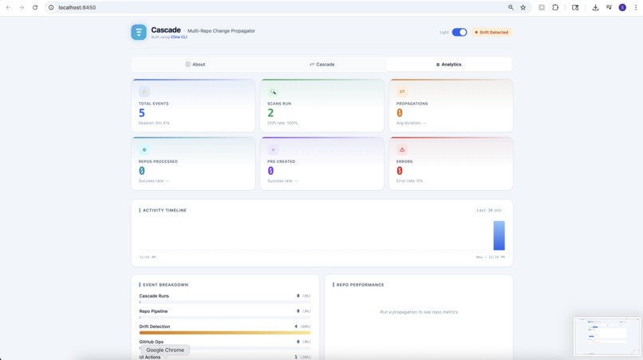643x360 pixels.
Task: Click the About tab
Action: pos(195,65)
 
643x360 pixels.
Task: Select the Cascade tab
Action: pos(322,65)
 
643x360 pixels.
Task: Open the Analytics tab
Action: pos(449,65)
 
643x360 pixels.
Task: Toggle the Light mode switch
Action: pos(460,33)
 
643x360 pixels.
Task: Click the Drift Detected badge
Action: pos(491,33)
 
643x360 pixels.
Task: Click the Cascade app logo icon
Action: pos(139,32)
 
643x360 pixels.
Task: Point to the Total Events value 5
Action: pos(142,113)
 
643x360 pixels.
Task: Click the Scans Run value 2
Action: pos(270,113)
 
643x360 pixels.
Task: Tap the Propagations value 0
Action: pos(400,113)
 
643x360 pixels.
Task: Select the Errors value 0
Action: pos(400,171)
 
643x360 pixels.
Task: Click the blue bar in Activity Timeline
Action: pos(499,235)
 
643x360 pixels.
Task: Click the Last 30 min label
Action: pos(488,211)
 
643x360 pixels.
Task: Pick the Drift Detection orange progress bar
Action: pos(225,332)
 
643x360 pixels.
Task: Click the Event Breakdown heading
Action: pos(165,285)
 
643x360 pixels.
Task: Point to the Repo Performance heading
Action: pos(360,285)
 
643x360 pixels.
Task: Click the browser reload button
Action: pos(35,7)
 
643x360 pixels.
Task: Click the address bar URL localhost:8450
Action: pos(77,7)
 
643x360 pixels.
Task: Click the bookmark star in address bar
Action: pos(523,7)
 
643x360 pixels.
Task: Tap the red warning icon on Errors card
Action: pos(402,150)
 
